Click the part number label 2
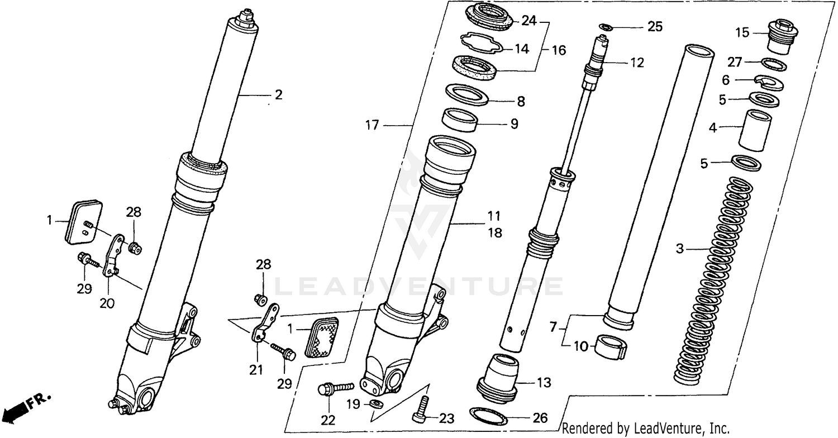click(x=278, y=95)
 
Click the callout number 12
click(x=637, y=63)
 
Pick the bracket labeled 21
click(x=265, y=324)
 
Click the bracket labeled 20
click(x=113, y=256)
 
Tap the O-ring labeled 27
click(x=774, y=64)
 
